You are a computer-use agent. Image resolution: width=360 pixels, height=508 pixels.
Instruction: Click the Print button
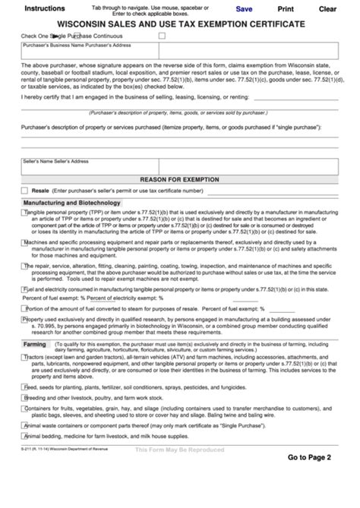pyautogui.click(x=286, y=9)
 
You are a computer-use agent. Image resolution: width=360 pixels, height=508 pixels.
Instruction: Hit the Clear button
pyautogui.click(x=327, y=9)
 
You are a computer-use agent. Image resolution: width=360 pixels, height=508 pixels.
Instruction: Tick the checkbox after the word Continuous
pyautogui.click(x=162, y=36)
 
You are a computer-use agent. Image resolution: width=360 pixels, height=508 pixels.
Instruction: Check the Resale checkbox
pyautogui.click(x=25, y=190)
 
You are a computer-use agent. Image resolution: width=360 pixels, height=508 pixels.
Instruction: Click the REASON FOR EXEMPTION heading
pyautogui.click(x=179, y=178)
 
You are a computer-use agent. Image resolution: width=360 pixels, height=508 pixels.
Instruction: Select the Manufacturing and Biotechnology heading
pyautogui.click(x=72, y=203)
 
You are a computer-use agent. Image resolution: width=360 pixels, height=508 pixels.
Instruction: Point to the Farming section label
pyautogui.click(x=35, y=344)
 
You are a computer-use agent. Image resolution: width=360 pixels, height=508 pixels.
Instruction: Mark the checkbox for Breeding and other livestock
pyautogui.click(x=25, y=397)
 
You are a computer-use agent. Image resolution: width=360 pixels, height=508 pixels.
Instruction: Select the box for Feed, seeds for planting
pyautogui.click(x=25, y=386)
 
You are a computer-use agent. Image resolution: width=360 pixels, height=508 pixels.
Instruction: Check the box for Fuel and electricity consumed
pyautogui.click(x=25, y=289)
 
